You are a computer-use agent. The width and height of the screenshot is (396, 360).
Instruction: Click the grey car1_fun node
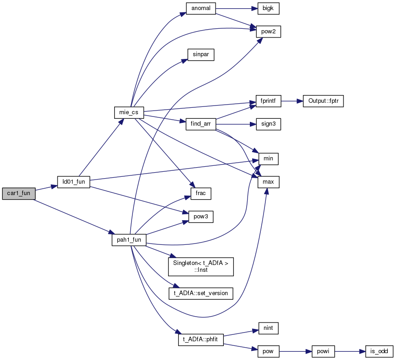[19, 194]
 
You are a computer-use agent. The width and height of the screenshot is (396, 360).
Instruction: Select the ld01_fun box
[74, 182]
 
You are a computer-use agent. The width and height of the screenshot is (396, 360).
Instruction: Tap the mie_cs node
[129, 112]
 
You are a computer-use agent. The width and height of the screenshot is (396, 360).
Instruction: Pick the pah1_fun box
[129, 240]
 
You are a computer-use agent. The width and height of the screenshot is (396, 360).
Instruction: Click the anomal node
[201, 8]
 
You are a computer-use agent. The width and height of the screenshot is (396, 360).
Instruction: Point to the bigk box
[268, 8]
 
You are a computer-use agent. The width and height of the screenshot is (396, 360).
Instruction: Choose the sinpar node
[201, 54]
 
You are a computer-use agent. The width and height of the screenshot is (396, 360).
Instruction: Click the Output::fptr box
[323, 101]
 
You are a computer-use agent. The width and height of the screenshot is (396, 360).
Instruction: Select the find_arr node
[201, 124]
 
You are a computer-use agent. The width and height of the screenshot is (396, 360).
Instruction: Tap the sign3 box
[269, 124]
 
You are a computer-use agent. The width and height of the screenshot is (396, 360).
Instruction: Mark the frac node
[201, 194]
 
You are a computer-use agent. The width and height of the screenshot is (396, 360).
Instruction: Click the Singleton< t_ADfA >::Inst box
[201, 267]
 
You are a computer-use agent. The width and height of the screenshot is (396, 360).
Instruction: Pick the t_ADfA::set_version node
[201, 293]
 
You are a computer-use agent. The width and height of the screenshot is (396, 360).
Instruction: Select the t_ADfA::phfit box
[201, 340]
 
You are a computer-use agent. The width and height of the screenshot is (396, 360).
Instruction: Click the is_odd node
[379, 351]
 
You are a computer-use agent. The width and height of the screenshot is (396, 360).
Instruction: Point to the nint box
[268, 328]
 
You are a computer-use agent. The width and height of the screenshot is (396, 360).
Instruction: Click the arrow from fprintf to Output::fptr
[292, 101]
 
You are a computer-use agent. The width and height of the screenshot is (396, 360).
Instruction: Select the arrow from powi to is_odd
[350, 351]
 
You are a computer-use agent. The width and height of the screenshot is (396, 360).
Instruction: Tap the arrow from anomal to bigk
[237, 8]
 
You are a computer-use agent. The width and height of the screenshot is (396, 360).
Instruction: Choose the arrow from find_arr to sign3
[236, 124]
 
